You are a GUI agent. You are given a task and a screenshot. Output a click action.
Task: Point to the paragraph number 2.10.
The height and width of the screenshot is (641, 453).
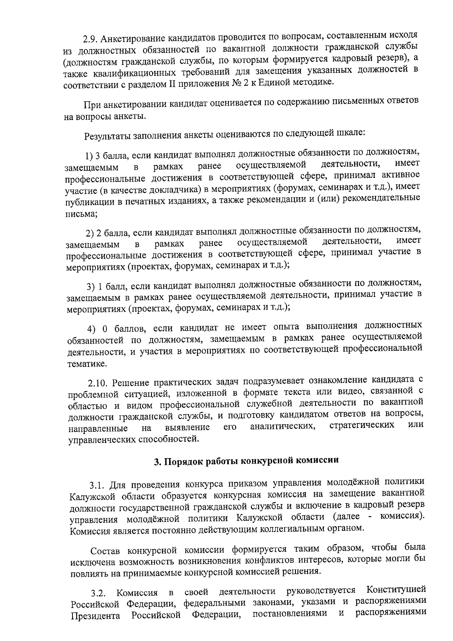pos(98,383)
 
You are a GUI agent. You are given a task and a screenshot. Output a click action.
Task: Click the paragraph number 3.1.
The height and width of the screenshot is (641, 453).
pos(97,485)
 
